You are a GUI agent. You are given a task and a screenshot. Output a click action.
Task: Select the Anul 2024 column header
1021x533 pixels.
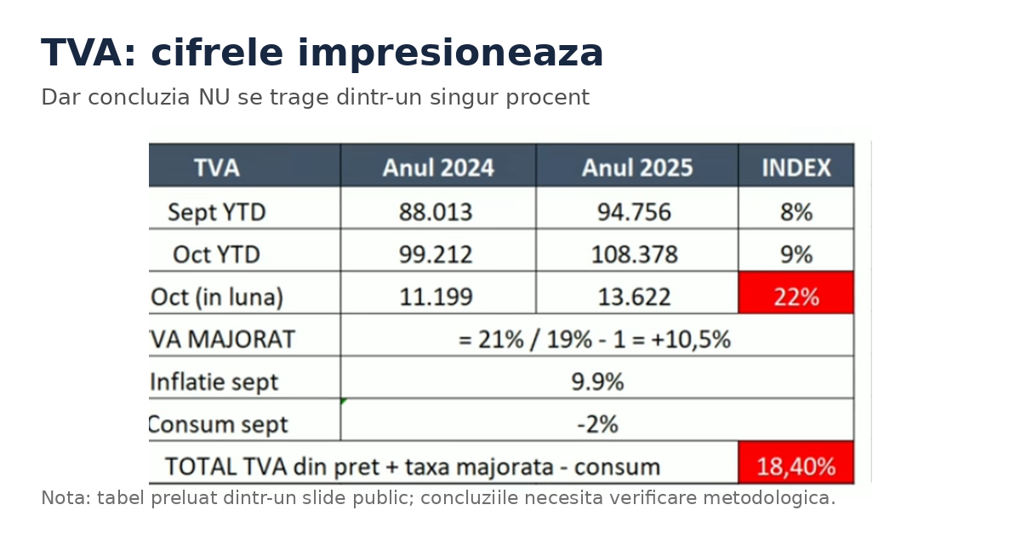coord(438,167)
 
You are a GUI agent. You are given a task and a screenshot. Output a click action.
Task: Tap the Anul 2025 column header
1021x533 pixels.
coord(637,167)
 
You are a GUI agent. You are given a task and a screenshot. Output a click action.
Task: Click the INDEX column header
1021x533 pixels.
coord(796,167)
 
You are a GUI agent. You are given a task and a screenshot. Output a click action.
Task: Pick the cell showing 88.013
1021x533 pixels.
coord(436,212)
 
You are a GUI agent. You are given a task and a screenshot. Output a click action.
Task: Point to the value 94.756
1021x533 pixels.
coord(634,212)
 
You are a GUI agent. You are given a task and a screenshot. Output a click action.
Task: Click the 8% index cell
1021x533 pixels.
coord(796,212)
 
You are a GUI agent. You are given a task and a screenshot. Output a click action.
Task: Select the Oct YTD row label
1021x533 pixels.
coord(216,254)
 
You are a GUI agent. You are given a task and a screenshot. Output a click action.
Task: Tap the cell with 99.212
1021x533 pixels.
coord(436,254)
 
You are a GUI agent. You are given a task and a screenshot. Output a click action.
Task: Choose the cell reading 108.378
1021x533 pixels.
coord(634,254)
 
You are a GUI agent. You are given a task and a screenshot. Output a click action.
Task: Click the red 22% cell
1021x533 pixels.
coord(796,297)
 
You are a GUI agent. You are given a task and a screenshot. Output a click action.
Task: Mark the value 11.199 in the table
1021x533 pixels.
coord(436,297)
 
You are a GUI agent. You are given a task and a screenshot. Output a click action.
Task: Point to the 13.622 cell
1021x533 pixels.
coord(634,297)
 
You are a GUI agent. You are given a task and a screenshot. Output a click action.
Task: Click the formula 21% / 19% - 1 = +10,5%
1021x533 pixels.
coord(595,339)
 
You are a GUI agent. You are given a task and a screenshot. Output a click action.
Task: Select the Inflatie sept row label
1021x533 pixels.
coord(214,382)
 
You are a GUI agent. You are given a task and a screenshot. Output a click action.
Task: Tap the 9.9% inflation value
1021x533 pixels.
coord(597,382)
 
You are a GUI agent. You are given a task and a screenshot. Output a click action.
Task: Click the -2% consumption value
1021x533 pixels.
coord(597,424)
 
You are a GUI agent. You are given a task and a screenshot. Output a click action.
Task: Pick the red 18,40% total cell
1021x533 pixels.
coord(796,467)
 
